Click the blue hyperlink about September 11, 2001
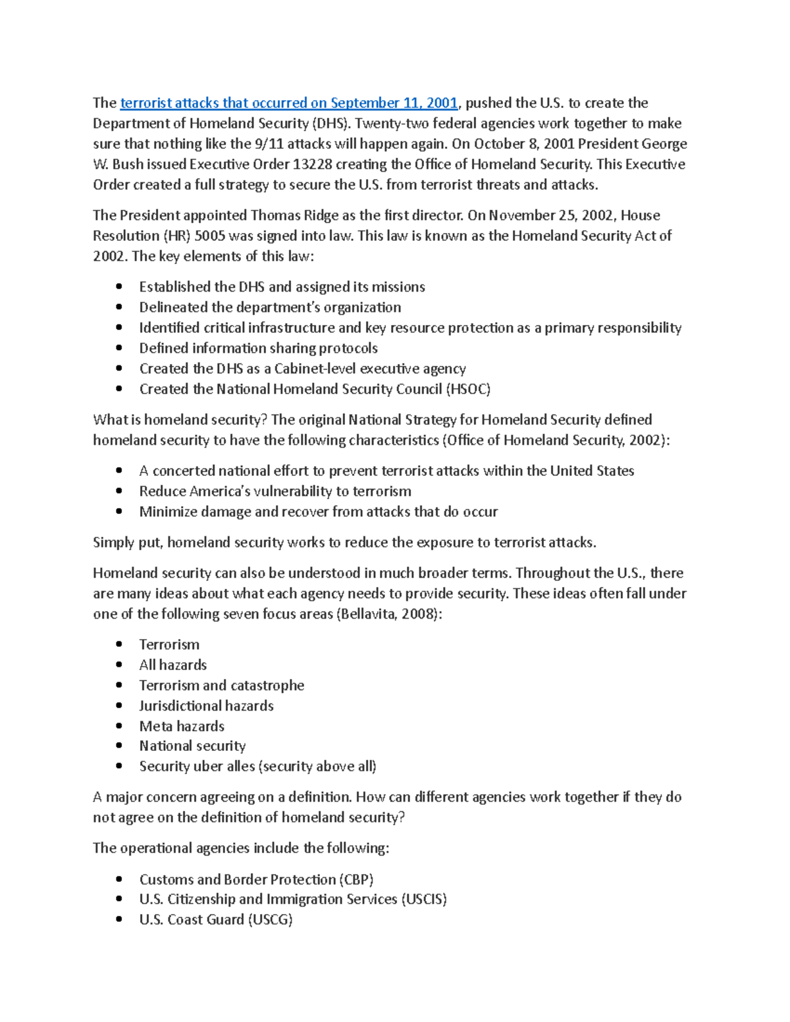(x=288, y=103)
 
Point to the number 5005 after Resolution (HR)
(x=196, y=236)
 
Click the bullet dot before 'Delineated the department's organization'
(x=119, y=307)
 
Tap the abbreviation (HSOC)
(x=468, y=389)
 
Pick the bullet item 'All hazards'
(x=172, y=665)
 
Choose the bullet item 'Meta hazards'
(x=182, y=726)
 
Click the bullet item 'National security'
(x=192, y=746)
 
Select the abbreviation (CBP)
(x=356, y=879)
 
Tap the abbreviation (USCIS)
(x=423, y=899)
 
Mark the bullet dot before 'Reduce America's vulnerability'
(x=119, y=491)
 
